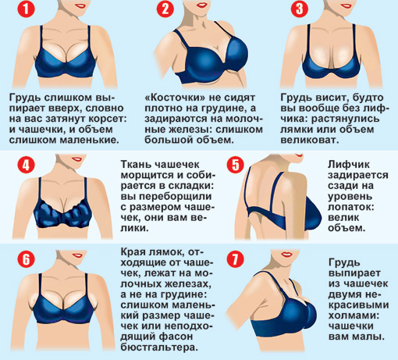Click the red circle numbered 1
(26, 9)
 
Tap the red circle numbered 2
(165, 9)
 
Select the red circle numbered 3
(300, 9)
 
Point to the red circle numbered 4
(26, 165)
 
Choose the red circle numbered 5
(236, 165)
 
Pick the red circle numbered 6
(26, 259)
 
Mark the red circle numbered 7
(236, 259)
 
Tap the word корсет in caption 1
(108, 119)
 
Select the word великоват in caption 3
(310, 140)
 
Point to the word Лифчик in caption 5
(349, 165)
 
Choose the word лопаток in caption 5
(351, 207)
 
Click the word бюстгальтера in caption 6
(159, 348)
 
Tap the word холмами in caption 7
(354, 315)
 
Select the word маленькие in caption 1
(90, 140)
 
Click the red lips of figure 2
(202, 5)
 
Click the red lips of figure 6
(77, 255)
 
